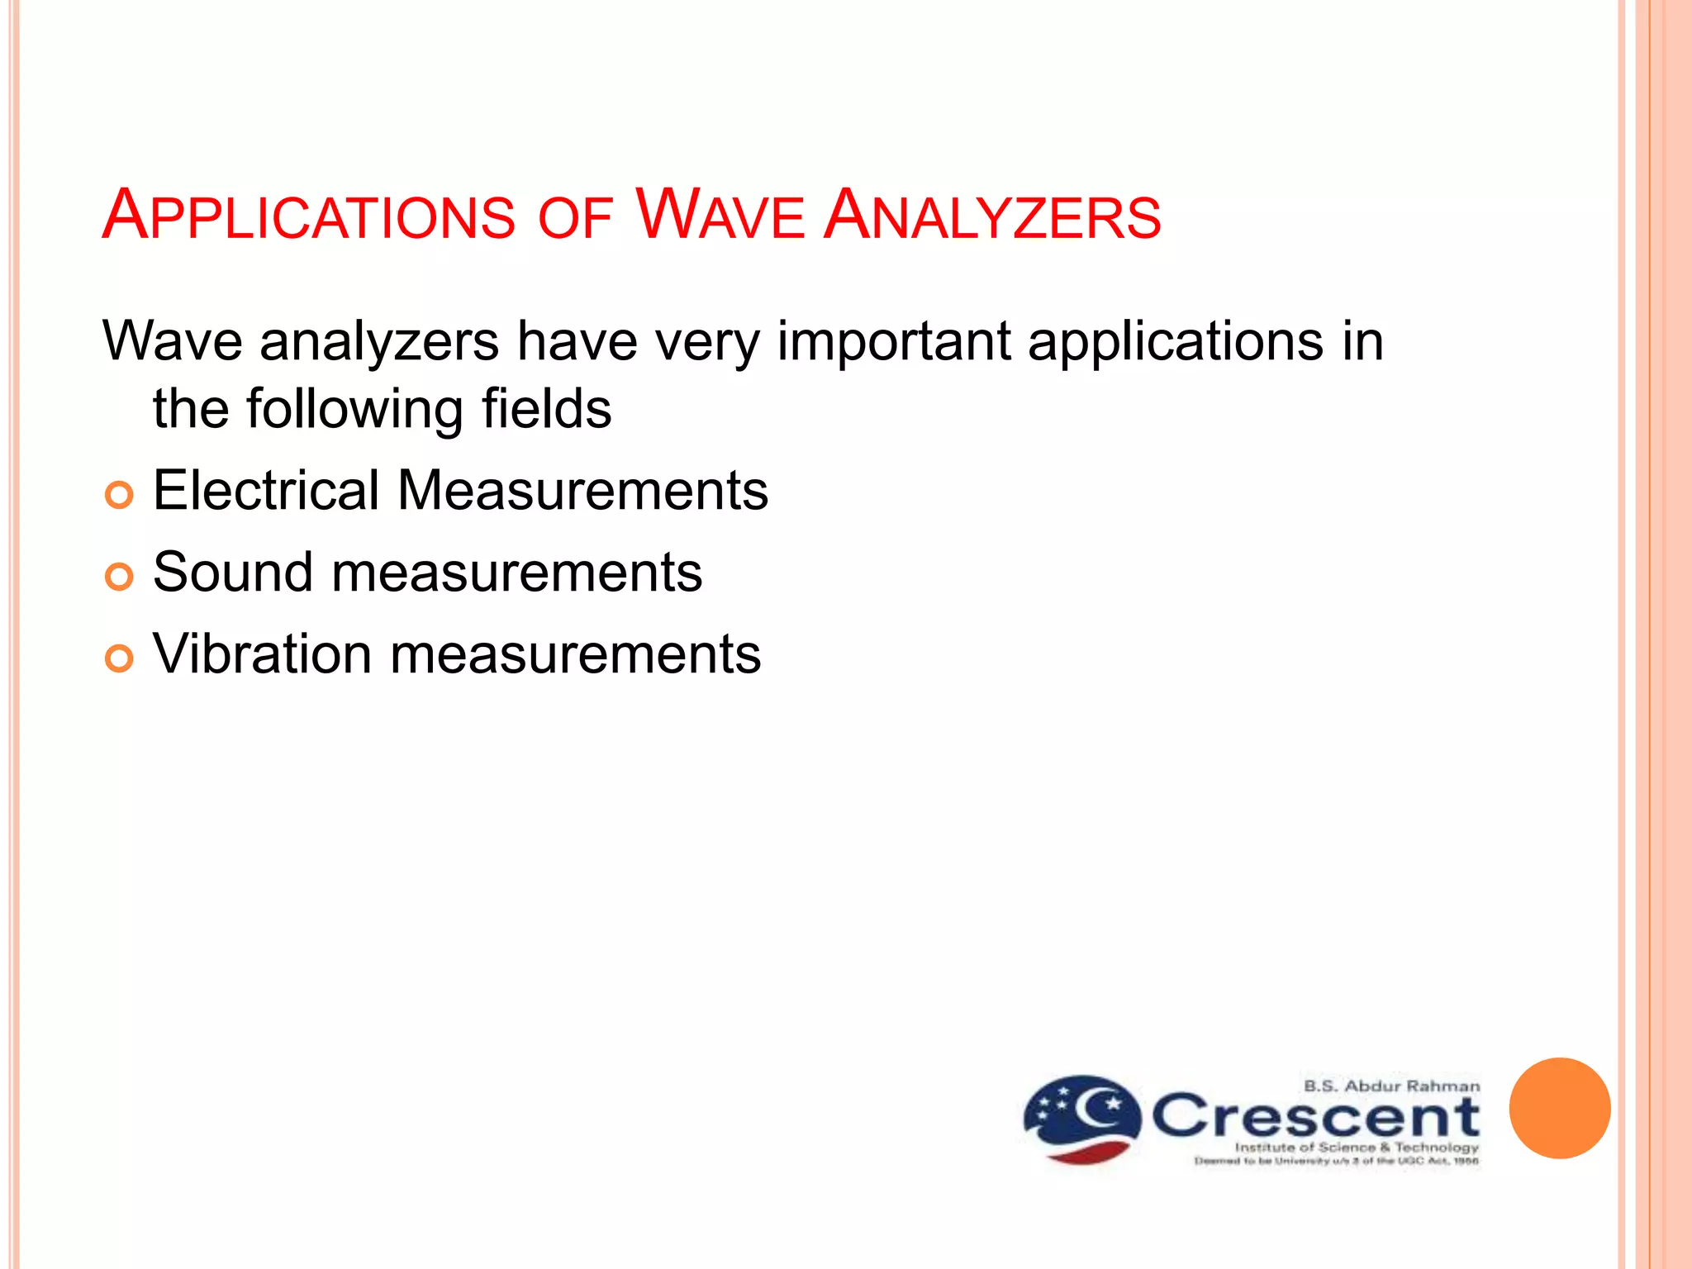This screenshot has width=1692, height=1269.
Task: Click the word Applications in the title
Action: coord(308,216)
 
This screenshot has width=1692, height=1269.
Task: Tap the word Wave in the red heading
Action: coord(719,216)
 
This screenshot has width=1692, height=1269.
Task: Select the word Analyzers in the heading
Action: coord(992,216)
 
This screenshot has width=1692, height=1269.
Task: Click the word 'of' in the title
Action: coord(575,219)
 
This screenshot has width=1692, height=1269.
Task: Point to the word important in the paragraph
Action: coord(894,341)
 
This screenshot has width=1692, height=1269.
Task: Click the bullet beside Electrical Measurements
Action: coord(119,495)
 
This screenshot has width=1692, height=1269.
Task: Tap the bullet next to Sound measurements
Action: coord(119,577)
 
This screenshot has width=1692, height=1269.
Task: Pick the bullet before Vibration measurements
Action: coord(119,658)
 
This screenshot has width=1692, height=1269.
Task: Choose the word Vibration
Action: coord(262,654)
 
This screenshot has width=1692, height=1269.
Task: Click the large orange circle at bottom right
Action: coord(1559,1108)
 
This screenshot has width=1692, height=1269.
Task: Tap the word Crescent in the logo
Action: coord(1315,1117)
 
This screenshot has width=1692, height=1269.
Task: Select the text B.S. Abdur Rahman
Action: coord(1391,1086)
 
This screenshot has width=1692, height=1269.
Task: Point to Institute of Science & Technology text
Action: coord(1356,1147)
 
